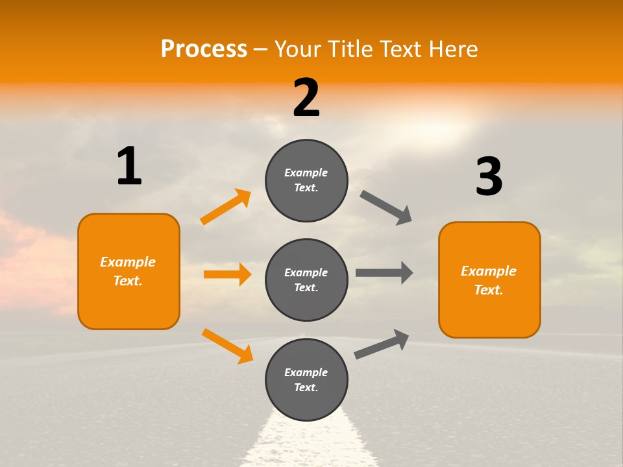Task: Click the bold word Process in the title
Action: tap(204, 49)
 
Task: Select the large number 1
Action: tap(129, 166)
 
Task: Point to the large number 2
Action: tap(306, 98)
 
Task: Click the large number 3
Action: tap(489, 176)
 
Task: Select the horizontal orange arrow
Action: tap(227, 274)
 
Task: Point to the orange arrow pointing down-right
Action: tap(227, 346)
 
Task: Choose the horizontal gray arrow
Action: tap(384, 272)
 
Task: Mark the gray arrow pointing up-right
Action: tap(382, 344)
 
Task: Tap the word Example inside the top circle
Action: tap(306, 173)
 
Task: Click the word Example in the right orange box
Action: tap(489, 271)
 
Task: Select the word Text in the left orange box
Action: tap(127, 281)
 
